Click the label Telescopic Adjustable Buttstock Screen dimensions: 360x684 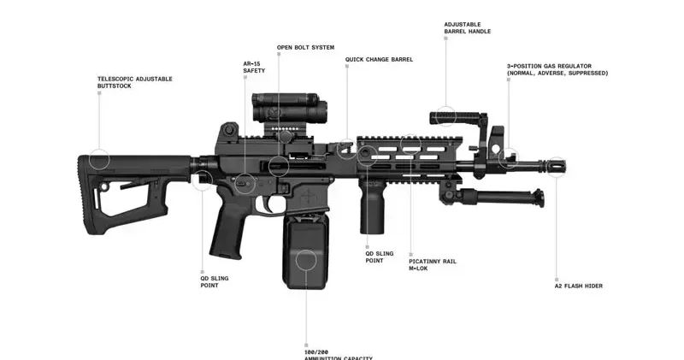tap(134, 82)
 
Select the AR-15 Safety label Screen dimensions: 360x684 tap(254, 68)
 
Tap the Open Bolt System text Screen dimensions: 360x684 tap(305, 47)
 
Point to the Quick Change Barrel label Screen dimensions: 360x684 tap(379, 60)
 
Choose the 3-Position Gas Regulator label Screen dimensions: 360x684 tap(557, 69)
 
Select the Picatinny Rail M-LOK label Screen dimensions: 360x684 tap(432, 264)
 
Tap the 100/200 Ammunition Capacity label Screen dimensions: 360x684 tap(338, 353)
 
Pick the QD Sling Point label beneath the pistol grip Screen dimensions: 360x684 tap(214, 281)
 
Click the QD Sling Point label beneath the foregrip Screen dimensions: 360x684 tap(380, 257)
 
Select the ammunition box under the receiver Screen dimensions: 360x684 tap(303, 254)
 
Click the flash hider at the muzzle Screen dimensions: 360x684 tap(557, 166)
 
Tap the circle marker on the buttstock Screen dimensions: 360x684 tap(99, 159)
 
